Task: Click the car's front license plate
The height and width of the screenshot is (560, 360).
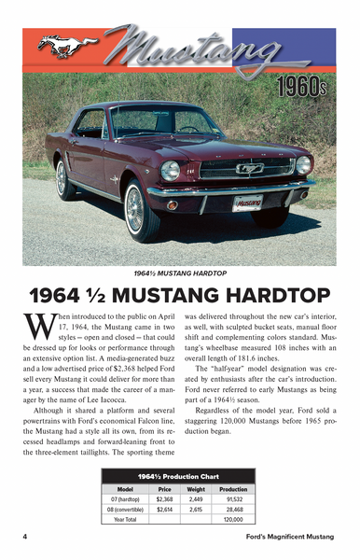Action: point(247,203)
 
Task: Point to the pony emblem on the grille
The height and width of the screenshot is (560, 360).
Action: point(250,169)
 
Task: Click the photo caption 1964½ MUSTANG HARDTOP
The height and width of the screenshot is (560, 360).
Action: point(180,273)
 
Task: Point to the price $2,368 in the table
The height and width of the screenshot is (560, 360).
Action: point(166,497)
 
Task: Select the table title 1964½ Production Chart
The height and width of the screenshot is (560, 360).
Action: point(180,476)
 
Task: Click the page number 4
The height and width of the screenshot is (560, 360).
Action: point(25,539)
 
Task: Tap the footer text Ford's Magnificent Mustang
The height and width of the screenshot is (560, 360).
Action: point(289,539)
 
